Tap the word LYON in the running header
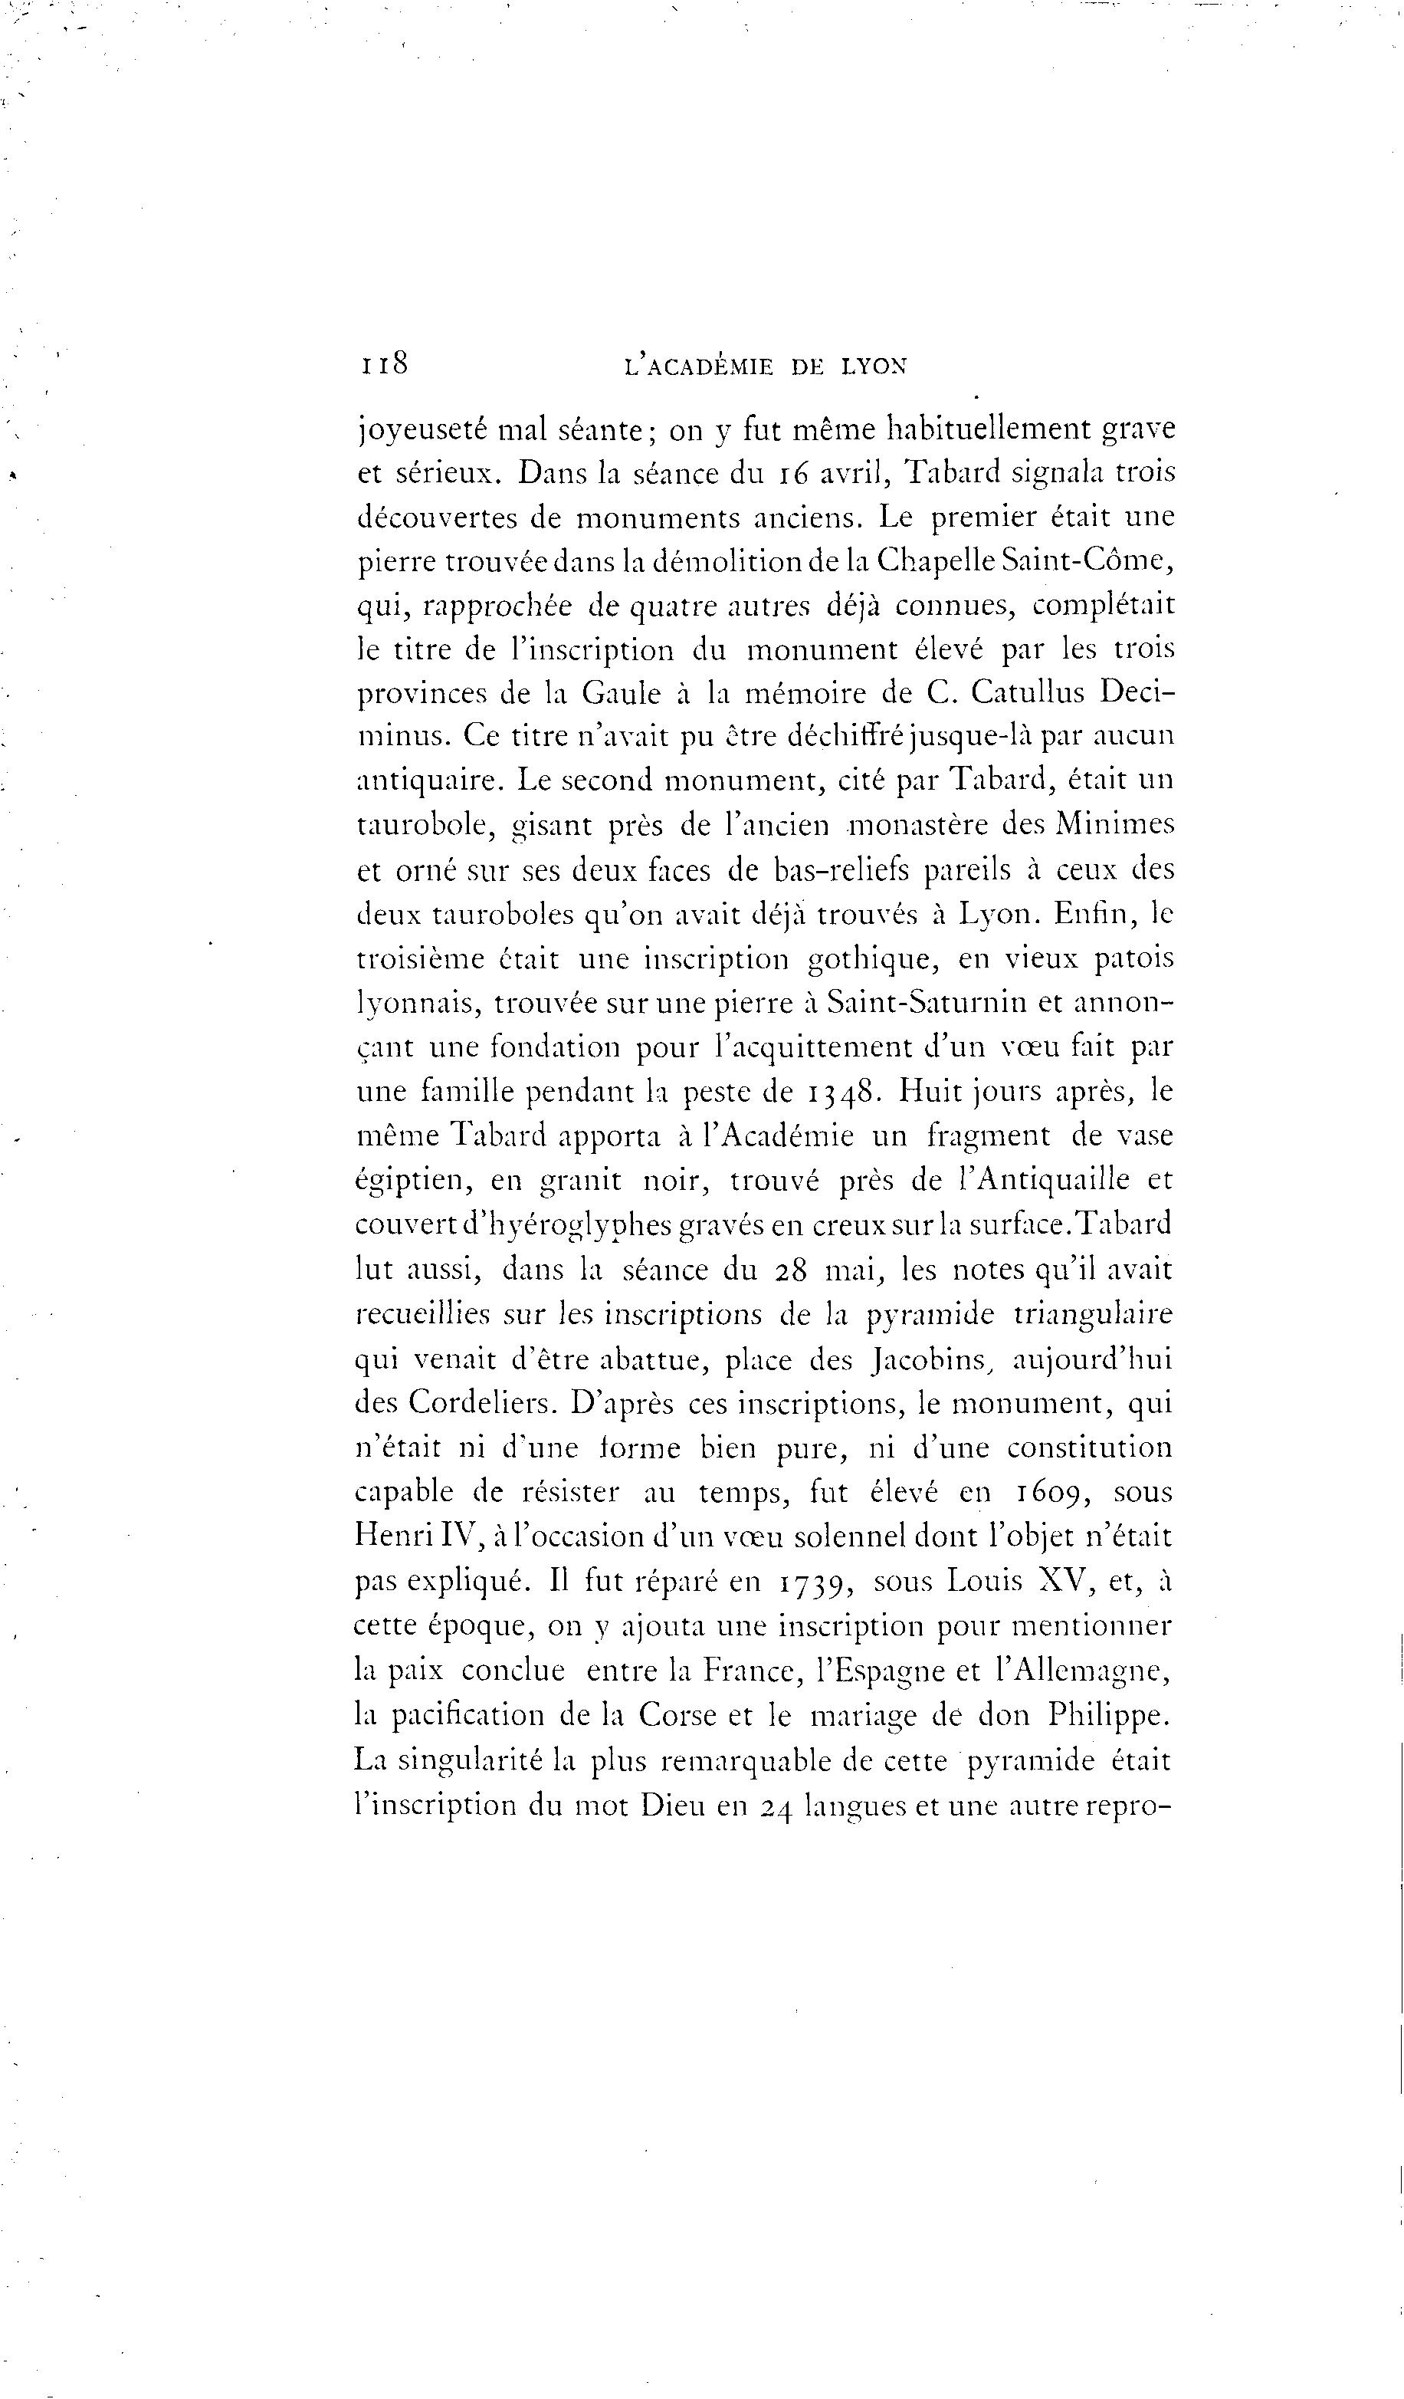874,366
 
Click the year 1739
815,1581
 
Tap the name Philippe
1109,1714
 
